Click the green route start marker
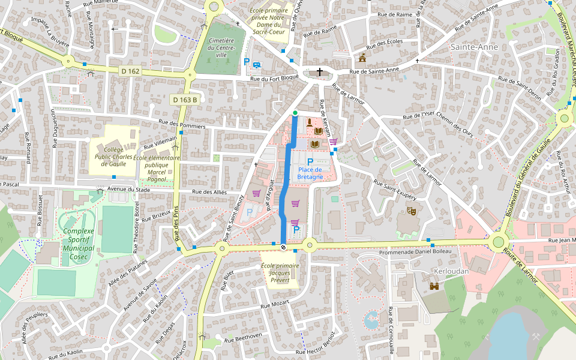tap(295, 113)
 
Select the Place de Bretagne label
tap(310, 173)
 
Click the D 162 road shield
tap(130, 71)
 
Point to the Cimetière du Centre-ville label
tap(221, 47)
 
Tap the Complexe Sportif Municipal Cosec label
tap(78, 244)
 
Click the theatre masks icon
tap(412, 211)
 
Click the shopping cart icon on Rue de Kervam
tap(332, 142)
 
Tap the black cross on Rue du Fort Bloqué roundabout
tap(319, 72)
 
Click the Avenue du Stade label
tap(128, 189)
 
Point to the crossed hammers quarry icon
tap(536, 337)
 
